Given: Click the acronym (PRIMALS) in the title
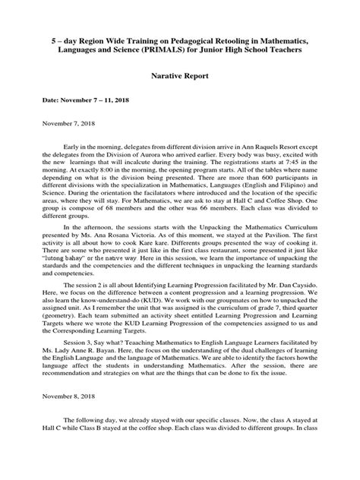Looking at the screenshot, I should (163, 49).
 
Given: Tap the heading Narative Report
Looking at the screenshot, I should (179, 77).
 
